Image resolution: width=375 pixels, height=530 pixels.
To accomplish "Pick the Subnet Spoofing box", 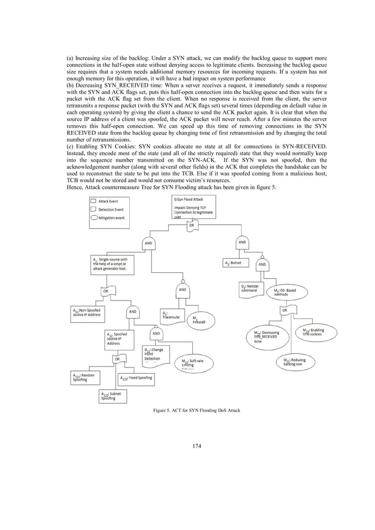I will (x=110, y=396).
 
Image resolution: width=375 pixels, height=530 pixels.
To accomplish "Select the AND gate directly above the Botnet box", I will (x=242, y=242).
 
